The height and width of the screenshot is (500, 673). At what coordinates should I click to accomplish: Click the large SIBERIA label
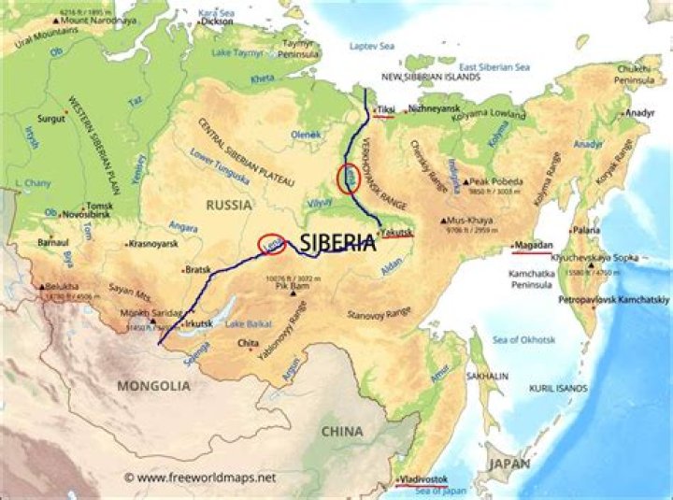(337, 243)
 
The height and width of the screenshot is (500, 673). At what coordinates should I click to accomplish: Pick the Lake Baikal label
(247, 323)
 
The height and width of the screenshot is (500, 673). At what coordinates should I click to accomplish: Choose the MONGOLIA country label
(153, 385)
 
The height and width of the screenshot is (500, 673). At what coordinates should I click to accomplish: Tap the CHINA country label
(343, 432)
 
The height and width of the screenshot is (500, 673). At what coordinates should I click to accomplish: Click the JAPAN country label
(508, 464)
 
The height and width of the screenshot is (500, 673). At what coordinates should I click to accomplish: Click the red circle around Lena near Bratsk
(271, 244)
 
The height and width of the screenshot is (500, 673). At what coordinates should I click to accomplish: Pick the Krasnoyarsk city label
(158, 243)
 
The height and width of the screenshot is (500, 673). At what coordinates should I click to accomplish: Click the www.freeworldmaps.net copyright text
(200, 478)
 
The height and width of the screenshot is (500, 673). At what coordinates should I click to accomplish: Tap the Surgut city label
(50, 119)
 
